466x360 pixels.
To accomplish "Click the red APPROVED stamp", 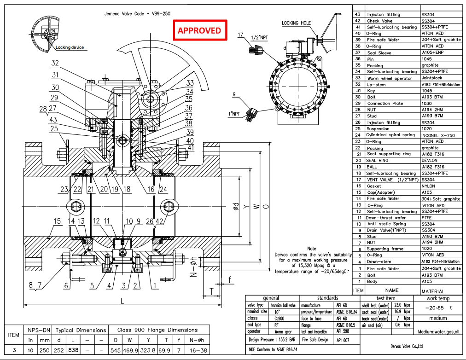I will tap(199, 30).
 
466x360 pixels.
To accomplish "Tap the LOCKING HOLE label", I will tap(296, 23).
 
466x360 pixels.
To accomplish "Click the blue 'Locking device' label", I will tap(70, 48).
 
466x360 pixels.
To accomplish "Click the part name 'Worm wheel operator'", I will tap(390, 78).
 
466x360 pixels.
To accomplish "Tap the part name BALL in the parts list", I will tap(372, 167).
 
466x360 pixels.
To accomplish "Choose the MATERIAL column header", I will tap(433, 291).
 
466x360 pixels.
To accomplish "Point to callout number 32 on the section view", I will tap(55, 63).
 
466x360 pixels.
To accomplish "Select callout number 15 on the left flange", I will tap(57, 221).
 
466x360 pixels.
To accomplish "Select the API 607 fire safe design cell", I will tap(343, 340).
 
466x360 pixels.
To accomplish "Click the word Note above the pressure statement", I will tap(312, 249).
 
